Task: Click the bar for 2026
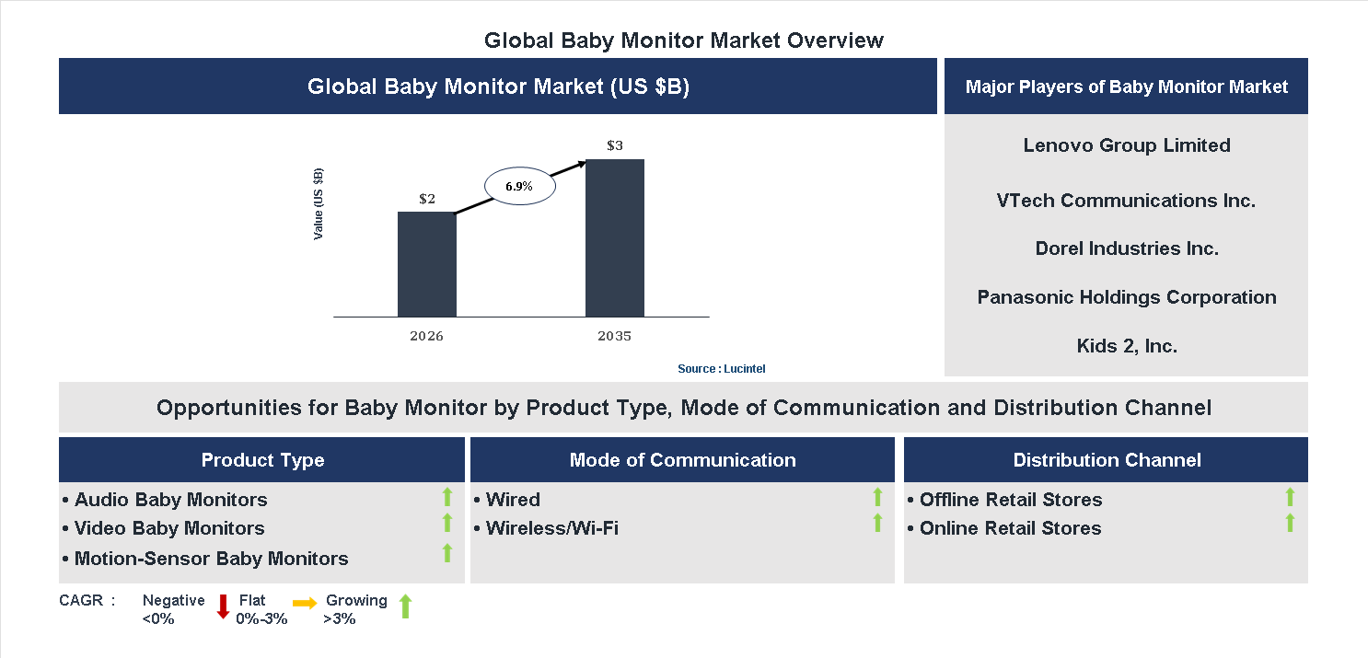426,264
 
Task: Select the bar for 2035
614,237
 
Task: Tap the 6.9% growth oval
520,186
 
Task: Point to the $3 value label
614,145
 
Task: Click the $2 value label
426,199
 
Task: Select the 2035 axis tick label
614,336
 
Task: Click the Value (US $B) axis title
319,203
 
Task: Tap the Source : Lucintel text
721,368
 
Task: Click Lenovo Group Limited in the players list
1126,145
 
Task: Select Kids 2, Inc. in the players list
1126,346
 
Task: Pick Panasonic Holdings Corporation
1126,297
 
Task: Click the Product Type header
262,460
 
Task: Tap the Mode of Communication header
682,460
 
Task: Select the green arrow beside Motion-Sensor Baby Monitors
447,553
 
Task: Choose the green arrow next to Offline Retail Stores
1290,497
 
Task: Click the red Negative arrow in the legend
223,606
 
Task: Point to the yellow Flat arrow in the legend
305,604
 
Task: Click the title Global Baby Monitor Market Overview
683,40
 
